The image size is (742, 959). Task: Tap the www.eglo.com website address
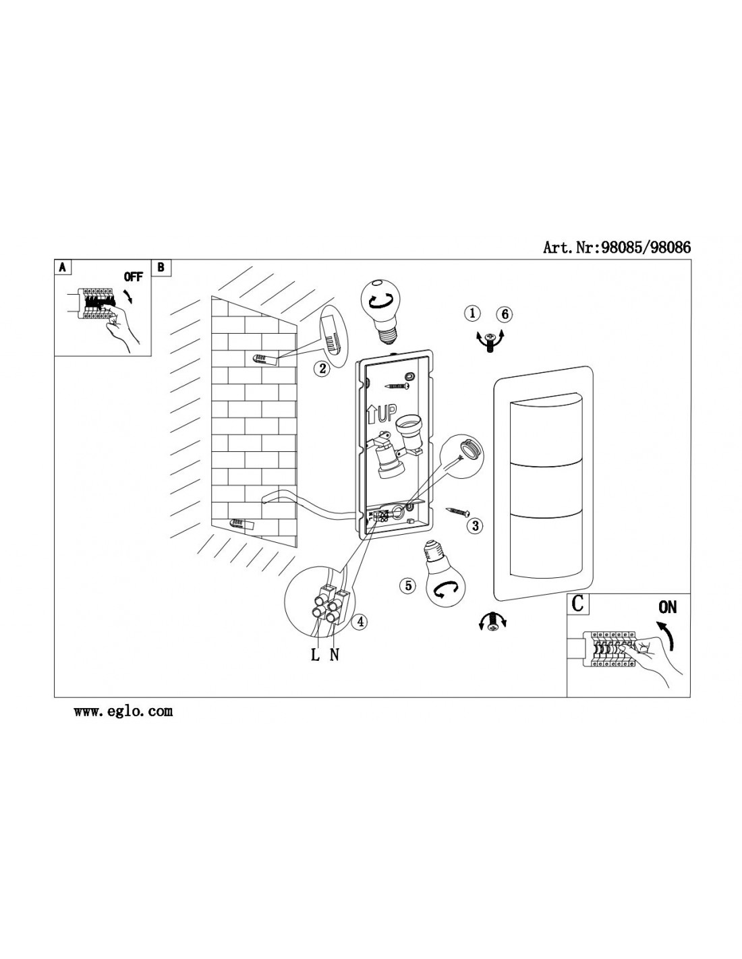pos(123,711)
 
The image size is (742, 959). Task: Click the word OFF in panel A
pos(134,277)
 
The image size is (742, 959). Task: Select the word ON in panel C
pos(667,608)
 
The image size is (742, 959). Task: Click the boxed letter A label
pos(63,268)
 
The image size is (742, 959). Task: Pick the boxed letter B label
pos(161,268)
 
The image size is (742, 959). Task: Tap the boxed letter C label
pos(577,604)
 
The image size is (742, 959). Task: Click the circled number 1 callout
pos(472,314)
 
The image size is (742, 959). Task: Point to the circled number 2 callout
pos(322,368)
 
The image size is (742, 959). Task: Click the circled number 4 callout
pos(360,622)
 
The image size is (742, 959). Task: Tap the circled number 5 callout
pos(408,585)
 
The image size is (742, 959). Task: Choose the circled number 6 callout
pos(505,314)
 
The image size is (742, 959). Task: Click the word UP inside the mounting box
pos(387,413)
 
